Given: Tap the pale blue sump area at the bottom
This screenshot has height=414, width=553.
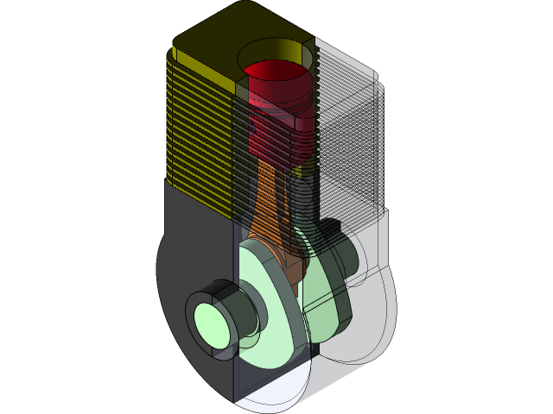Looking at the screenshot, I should (272, 392).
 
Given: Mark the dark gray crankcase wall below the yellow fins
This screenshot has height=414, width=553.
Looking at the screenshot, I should (194, 224).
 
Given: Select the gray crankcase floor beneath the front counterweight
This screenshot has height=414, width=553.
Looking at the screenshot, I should (259, 379).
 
